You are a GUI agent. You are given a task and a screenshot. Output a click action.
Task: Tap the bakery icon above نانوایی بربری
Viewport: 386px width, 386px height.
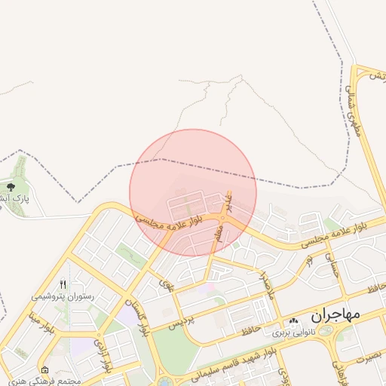(293, 323)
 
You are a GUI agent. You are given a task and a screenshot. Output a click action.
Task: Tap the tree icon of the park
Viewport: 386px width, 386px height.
(10, 186)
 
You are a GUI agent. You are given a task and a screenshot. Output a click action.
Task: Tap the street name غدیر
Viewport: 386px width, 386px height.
(228, 200)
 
